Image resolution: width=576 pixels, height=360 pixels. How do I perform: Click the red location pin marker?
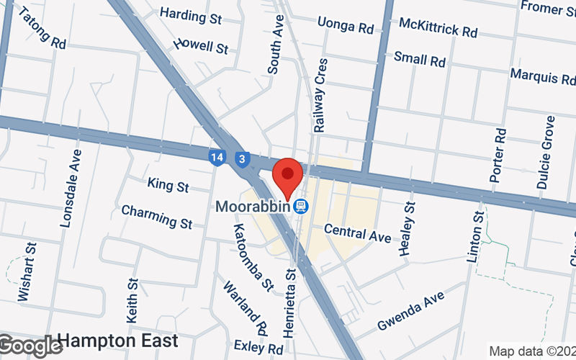click(289, 177)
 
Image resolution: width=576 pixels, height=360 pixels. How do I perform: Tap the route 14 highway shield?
click(217, 157)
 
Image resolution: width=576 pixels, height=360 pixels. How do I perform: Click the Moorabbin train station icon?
click(302, 207)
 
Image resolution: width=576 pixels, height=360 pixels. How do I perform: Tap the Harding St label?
click(191, 15)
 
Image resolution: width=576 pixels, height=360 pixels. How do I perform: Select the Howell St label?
click(201, 46)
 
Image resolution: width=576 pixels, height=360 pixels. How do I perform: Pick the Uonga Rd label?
click(345, 27)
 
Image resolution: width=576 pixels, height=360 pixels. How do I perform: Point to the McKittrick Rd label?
click(438, 28)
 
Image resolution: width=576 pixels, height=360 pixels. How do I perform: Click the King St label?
click(168, 185)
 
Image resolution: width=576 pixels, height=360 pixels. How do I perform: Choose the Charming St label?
click(157, 217)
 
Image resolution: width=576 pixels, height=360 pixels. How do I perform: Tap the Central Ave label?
click(357, 232)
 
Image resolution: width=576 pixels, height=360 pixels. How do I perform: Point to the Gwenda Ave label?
click(411, 312)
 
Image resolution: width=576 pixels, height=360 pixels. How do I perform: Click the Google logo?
click(30, 346)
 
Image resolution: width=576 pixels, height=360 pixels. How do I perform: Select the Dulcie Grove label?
click(545, 152)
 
